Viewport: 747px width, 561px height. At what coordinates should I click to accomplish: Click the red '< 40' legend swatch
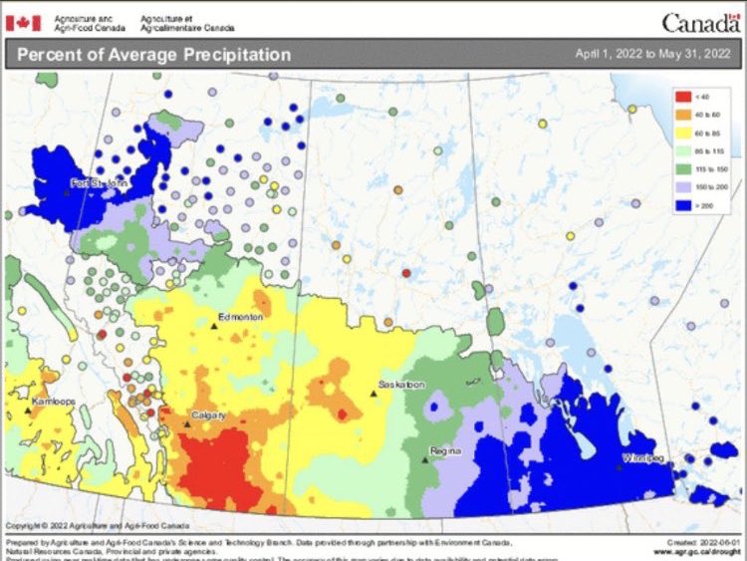pos(683,96)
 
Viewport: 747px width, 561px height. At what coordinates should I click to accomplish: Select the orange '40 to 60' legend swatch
pos(683,116)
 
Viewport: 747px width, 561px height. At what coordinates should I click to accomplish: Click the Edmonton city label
pos(242,316)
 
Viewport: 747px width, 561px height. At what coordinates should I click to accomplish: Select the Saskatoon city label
pos(401,385)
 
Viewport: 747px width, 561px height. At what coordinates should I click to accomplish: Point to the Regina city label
pos(443,450)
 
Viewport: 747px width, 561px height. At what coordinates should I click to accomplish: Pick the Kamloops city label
pos(53,399)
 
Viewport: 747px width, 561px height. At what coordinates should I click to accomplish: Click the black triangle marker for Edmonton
pos(214,325)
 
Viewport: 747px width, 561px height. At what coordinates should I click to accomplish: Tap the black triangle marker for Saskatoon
pos(373,394)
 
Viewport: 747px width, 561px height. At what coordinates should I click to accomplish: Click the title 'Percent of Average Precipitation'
pos(153,54)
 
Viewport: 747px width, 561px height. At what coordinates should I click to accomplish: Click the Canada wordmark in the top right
pos(700,21)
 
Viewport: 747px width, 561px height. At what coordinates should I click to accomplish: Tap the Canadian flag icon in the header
pos(24,21)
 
